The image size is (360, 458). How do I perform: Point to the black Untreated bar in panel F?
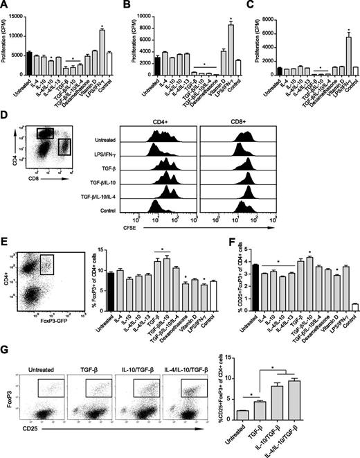[255, 287]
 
